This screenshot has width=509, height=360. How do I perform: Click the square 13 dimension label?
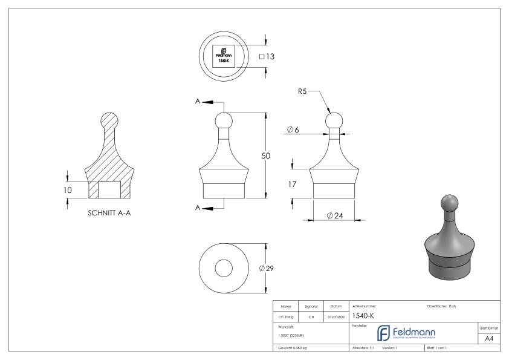click(x=267, y=56)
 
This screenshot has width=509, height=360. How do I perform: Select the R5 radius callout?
click(x=303, y=91)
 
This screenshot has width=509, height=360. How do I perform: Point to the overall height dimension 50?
click(x=265, y=155)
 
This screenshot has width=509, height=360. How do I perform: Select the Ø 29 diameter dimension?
click(x=267, y=269)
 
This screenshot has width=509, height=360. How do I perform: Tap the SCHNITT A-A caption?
click(x=109, y=212)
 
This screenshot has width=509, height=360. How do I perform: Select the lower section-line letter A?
click(x=198, y=208)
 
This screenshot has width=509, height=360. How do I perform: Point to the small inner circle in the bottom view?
click(x=224, y=269)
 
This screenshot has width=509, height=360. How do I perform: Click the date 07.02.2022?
click(x=336, y=315)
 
